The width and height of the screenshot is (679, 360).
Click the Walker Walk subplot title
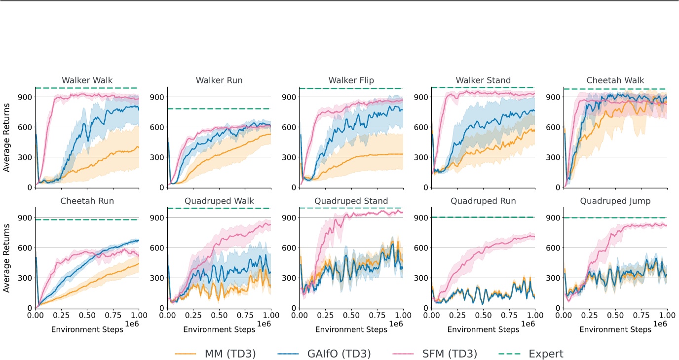point(87,80)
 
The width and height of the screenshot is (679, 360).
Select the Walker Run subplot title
point(219,80)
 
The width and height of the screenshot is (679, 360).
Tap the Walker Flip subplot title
point(350,80)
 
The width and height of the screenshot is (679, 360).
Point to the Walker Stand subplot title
point(483,80)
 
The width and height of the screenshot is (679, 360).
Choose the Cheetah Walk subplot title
point(615,80)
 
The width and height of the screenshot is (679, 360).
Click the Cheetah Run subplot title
point(87,201)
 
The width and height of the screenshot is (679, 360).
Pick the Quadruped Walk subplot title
point(219,201)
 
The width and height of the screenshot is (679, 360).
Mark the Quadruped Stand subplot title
point(350,201)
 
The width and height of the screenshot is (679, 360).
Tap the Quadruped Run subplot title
point(483,201)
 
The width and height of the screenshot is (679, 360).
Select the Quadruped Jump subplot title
point(615,201)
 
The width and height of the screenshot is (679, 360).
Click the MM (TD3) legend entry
point(216,354)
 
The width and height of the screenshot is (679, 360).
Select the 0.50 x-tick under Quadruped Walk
point(219,315)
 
